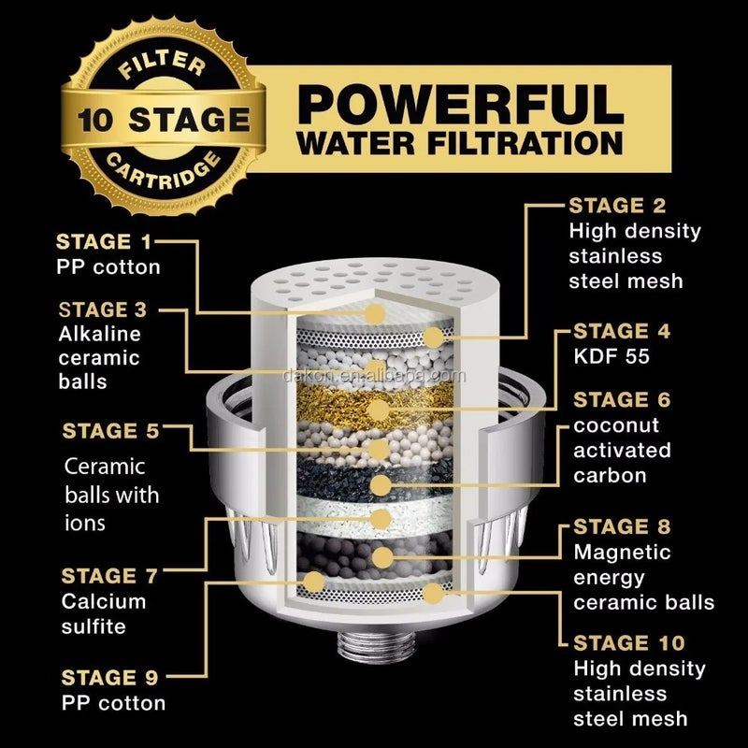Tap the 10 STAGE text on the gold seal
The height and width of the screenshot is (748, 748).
tap(164, 120)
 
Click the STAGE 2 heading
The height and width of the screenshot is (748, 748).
tap(619, 206)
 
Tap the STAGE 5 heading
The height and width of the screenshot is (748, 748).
tap(111, 431)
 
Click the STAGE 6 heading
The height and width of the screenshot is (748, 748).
tap(622, 400)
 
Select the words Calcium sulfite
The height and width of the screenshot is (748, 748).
tap(104, 613)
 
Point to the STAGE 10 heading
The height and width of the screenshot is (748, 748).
tap(628, 643)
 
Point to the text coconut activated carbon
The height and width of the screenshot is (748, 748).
tap(622, 450)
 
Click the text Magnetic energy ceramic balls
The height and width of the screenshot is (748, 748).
tap(643, 577)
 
